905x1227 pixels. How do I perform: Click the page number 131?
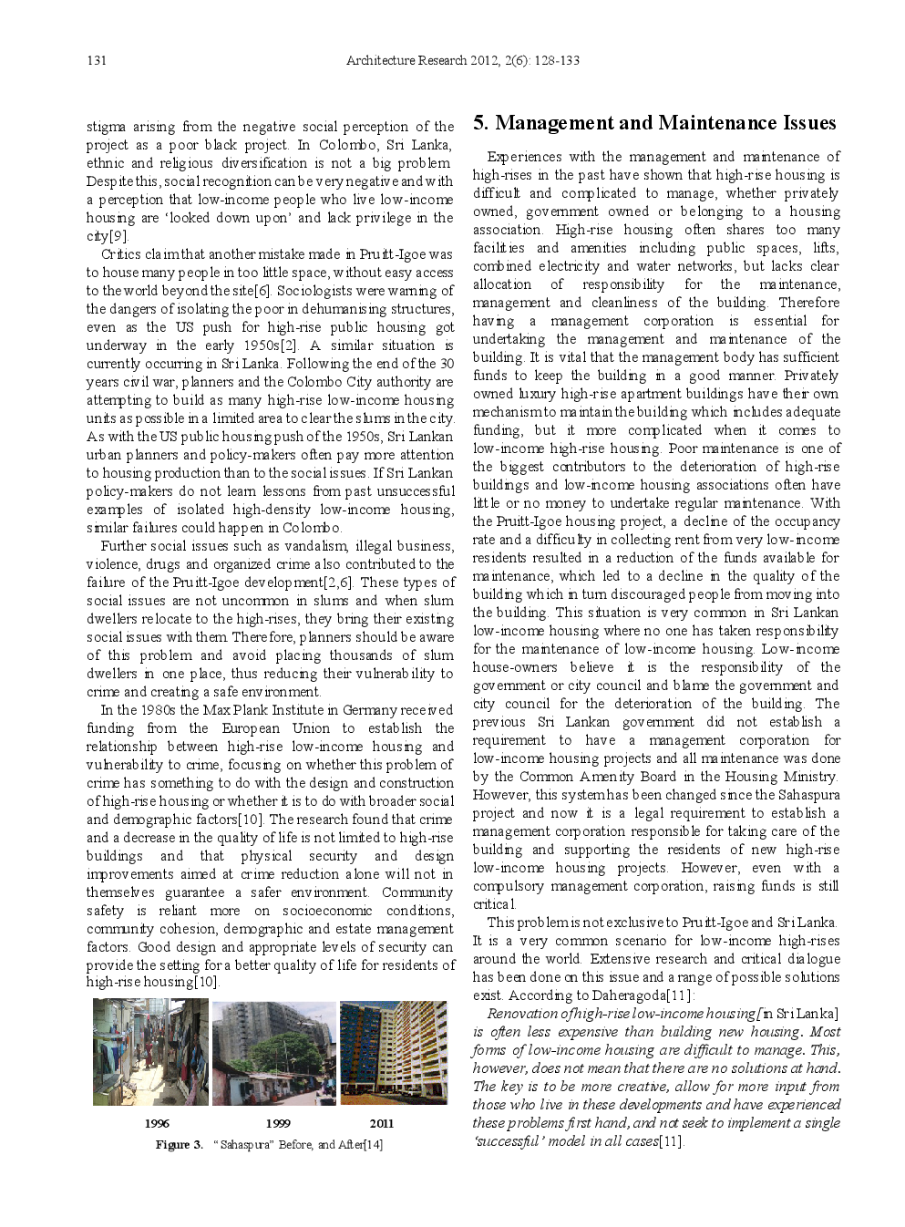(x=97, y=61)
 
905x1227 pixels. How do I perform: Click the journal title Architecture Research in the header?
(x=406, y=61)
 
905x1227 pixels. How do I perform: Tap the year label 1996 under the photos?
(x=157, y=1123)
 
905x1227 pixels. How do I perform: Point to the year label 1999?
(x=278, y=1123)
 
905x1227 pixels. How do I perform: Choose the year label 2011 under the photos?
(x=382, y=1123)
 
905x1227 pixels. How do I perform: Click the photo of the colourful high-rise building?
(x=394, y=1052)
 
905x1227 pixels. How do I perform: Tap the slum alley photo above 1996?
(x=150, y=1052)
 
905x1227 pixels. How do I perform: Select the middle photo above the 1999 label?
(x=273, y=1052)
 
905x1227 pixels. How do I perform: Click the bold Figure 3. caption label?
(x=179, y=1145)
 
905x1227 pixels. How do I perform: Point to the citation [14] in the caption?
(x=373, y=1145)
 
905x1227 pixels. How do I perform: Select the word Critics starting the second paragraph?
(x=120, y=254)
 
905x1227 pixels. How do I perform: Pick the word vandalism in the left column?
(x=318, y=546)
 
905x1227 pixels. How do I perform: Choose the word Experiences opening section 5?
(x=525, y=157)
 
